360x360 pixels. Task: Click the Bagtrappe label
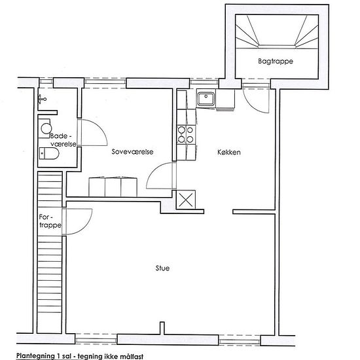point(276,62)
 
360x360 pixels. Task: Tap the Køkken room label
point(229,152)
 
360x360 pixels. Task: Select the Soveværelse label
point(132,152)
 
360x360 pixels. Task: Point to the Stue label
point(162,268)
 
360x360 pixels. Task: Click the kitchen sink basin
point(206,99)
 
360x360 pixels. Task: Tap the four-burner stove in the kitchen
point(186,135)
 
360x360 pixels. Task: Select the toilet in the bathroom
point(49,153)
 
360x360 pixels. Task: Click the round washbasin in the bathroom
point(46,128)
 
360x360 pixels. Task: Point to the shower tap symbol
point(42,99)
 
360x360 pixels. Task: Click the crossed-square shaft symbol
point(186,200)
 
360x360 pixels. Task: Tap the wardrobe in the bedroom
point(113,187)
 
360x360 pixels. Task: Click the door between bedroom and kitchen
point(161,175)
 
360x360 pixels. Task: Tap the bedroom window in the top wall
point(105,83)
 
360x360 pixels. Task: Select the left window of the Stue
point(96,339)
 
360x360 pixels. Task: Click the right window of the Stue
point(240,340)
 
